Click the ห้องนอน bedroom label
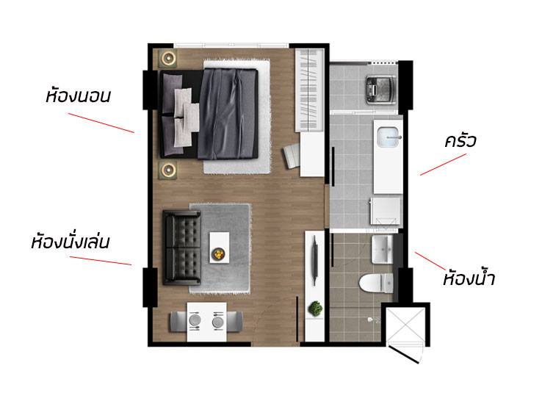click(78, 95)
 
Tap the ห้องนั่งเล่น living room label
click(71, 242)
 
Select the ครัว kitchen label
click(460, 140)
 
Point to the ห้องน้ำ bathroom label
click(469, 278)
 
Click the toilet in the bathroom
click(376, 283)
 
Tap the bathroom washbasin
click(382, 249)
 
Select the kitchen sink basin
click(389, 137)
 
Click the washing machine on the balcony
click(381, 90)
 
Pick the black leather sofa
click(182, 248)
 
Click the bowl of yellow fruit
click(218, 254)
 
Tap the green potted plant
click(315, 308)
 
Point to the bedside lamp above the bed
click(168, 58)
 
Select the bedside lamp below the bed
click(168, 170)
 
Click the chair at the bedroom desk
click(292, 156)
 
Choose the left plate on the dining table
click(195, 320)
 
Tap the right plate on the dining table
click(218, 322)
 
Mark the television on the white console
click(314, 260)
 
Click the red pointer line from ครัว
click(443, 165)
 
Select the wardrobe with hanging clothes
click(309, 90)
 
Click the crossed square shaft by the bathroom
click(405, 326)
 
